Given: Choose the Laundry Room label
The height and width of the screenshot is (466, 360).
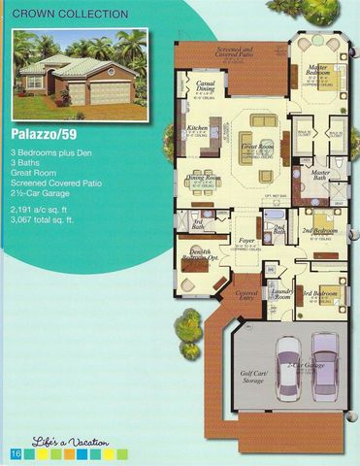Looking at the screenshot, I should click(x=282, y=293).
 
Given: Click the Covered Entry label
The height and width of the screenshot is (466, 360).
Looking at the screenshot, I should click(x=246, y=294).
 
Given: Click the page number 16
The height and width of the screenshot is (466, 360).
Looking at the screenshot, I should click(x=16, y=453).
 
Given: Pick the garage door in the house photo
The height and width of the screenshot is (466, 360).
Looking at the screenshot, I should click(x=110, y=93).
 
